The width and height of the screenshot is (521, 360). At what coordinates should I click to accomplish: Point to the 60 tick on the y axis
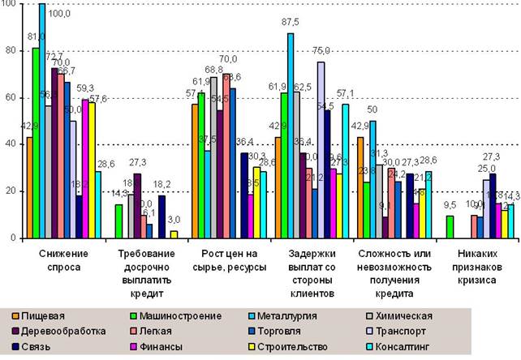click(x=12, y=98)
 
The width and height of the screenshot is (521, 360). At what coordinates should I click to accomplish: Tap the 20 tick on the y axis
click(x=12, y=191)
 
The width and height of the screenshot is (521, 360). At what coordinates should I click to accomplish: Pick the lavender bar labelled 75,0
click(x=321, y=150)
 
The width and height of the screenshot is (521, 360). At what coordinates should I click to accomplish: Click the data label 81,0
click(x=35, y=37)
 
